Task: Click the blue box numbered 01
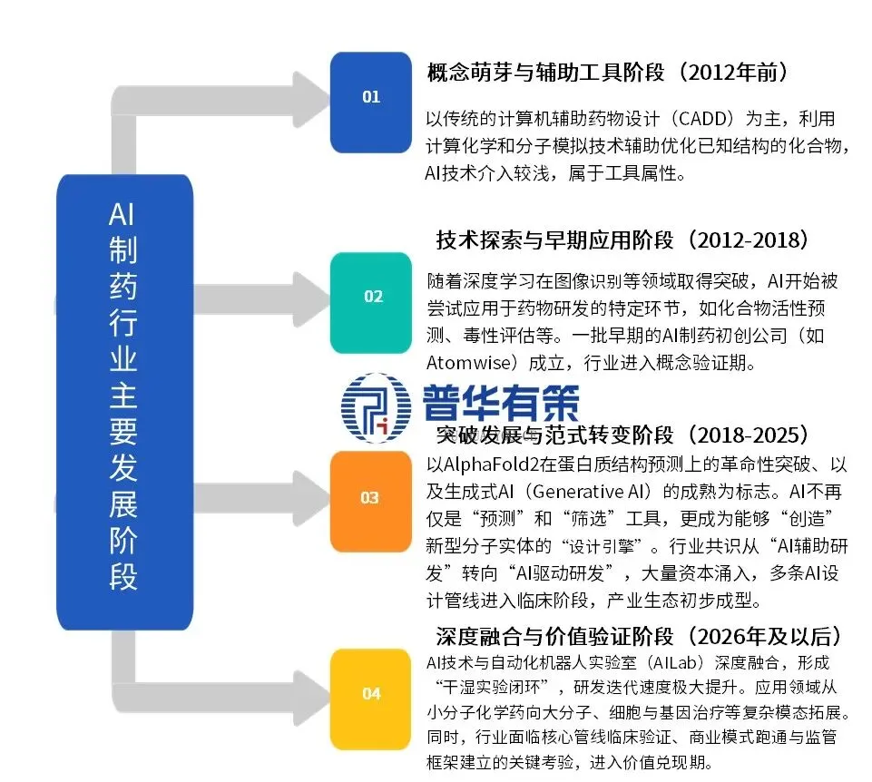370,96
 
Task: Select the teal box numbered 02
370,296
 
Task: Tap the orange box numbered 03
370,497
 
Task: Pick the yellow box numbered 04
370,694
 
